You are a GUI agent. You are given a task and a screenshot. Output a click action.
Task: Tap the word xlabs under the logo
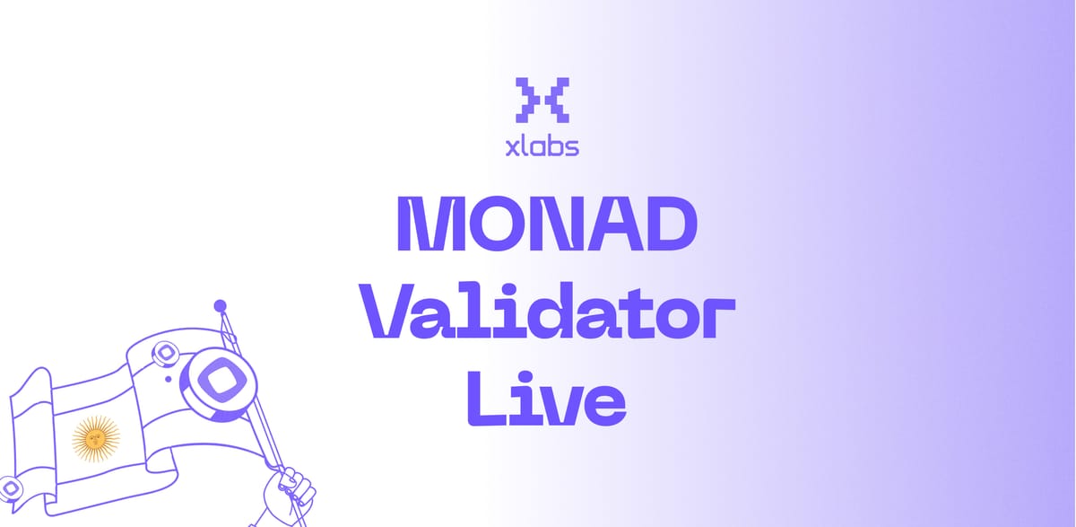coord(542,145)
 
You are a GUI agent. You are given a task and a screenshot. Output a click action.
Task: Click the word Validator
coord(552,312)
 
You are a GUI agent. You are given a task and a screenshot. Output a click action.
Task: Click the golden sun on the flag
coord(96,437)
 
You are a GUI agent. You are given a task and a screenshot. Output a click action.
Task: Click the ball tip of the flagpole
coord(219,306)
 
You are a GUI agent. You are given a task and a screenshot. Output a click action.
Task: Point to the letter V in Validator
coord(395,312)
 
